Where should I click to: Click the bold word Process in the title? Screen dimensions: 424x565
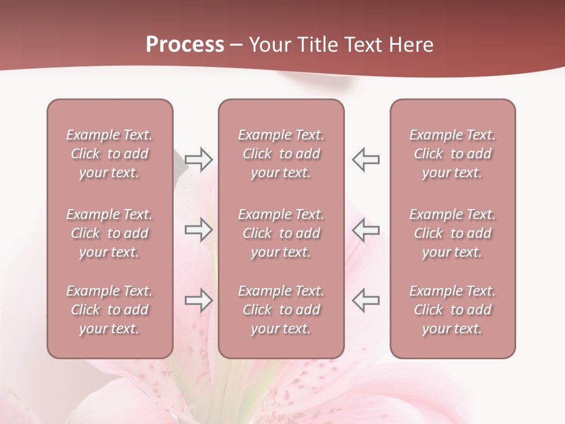[185, 45]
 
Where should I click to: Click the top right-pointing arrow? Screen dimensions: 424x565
[199, 160]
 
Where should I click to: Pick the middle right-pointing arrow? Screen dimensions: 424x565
[199, 230]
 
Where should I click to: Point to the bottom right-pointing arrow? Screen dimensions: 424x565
[199, 300]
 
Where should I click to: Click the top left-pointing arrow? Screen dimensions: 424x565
[365, 160]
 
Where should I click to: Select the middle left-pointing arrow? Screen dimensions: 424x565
[365, 230]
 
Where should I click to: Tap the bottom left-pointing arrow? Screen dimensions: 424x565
[365, 300]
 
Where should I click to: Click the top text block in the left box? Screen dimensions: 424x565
[109, 154]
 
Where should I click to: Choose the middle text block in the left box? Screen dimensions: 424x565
[109, 233]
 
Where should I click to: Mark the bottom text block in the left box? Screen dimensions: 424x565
[109, 310]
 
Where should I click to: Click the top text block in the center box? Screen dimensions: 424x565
[281, 154]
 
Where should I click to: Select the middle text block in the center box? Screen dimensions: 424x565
[281, 233]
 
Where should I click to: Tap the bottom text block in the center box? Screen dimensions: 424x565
[281, 310]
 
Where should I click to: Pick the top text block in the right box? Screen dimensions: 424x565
[453, 154]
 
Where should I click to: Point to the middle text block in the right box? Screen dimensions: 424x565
[453, 233]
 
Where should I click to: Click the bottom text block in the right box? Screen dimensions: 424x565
[453, 310]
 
